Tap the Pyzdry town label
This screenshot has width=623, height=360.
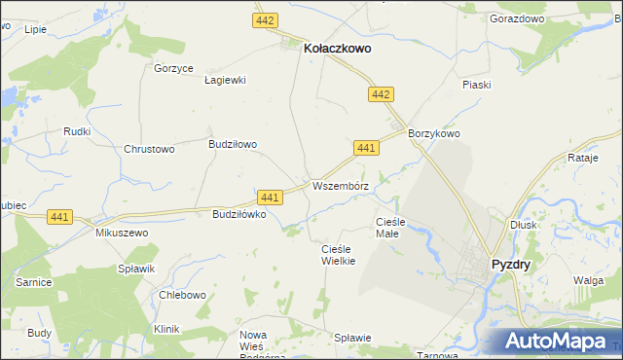(511, 264)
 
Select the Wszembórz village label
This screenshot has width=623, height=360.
(340, 185)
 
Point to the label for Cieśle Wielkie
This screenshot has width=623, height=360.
(338, 255)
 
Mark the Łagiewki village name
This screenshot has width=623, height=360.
(225, 81)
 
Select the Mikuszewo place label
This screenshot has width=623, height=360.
(121, 234)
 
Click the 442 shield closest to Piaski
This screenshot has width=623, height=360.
(381, 94)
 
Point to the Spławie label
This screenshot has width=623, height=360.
(352, 338)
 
